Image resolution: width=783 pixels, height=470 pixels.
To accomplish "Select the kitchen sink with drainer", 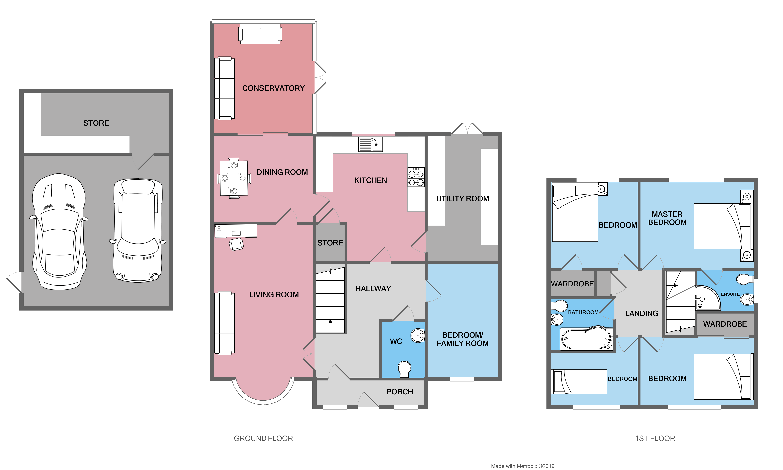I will point(370,144).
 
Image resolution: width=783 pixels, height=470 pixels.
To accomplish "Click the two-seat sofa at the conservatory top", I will point(260,34).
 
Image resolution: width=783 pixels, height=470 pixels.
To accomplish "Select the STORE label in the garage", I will point(96,123).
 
